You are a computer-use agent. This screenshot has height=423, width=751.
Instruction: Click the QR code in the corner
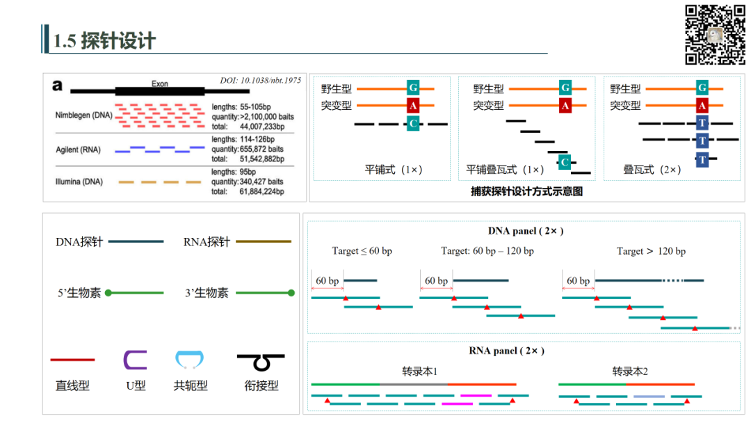[x=715, y=35]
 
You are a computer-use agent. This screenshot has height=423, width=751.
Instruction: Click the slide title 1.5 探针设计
[x=104, y=41]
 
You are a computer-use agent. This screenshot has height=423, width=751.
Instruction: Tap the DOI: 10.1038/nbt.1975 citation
[x=260, y=81]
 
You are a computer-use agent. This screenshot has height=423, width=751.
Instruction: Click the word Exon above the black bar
[x=160, y=83]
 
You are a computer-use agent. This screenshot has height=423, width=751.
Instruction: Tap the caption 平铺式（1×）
[x=394, y=170]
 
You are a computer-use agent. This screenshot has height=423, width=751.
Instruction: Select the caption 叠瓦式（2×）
[x=652, y=170]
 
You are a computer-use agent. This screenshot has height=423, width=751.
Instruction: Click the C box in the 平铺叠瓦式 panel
[x=565, y=162]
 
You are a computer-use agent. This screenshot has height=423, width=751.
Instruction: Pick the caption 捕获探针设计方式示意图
[x=526, y=191]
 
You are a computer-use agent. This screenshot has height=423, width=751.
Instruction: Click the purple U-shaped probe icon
[x=135, y=359]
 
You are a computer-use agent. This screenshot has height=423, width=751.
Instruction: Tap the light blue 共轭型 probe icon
[x=190, y=360]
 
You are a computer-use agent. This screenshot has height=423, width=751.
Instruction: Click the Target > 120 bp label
[x=651, y=251]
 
